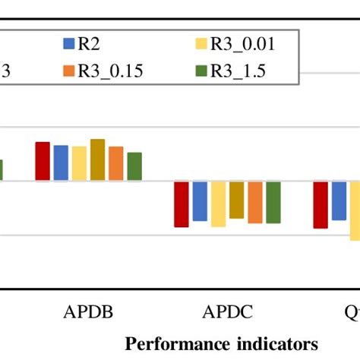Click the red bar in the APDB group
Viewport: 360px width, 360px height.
pyautogui.click(x=43, y=162)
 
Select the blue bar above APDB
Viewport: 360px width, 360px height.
pyautogui.click(x=61, y=163)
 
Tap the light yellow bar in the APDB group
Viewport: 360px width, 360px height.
pyautogui.click(x=79, y=164)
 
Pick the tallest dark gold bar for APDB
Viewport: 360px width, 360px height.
pyautogui.click(x=97, y=160)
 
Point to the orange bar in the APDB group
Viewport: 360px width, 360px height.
pyautogui.click(x=115, y=164)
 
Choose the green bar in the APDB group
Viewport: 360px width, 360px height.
pyautogui.click(x=134, y=166)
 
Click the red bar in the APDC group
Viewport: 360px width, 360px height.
pyautogui.click(x=182, y=204)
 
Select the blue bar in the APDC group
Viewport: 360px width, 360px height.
pyautogui.click(x=200, y=201)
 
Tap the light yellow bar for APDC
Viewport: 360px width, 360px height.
pyautogui.click(x=218, y=204)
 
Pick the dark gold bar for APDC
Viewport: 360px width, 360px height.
pyautogui.click(x=236, y=200)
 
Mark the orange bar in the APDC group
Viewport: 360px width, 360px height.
pyautogui.click(x=255, y=202)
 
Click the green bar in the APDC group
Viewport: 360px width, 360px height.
pyautogui.click(x=273, y=202)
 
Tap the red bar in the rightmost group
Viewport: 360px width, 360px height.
pyautogui.click(x=321, y=204)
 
